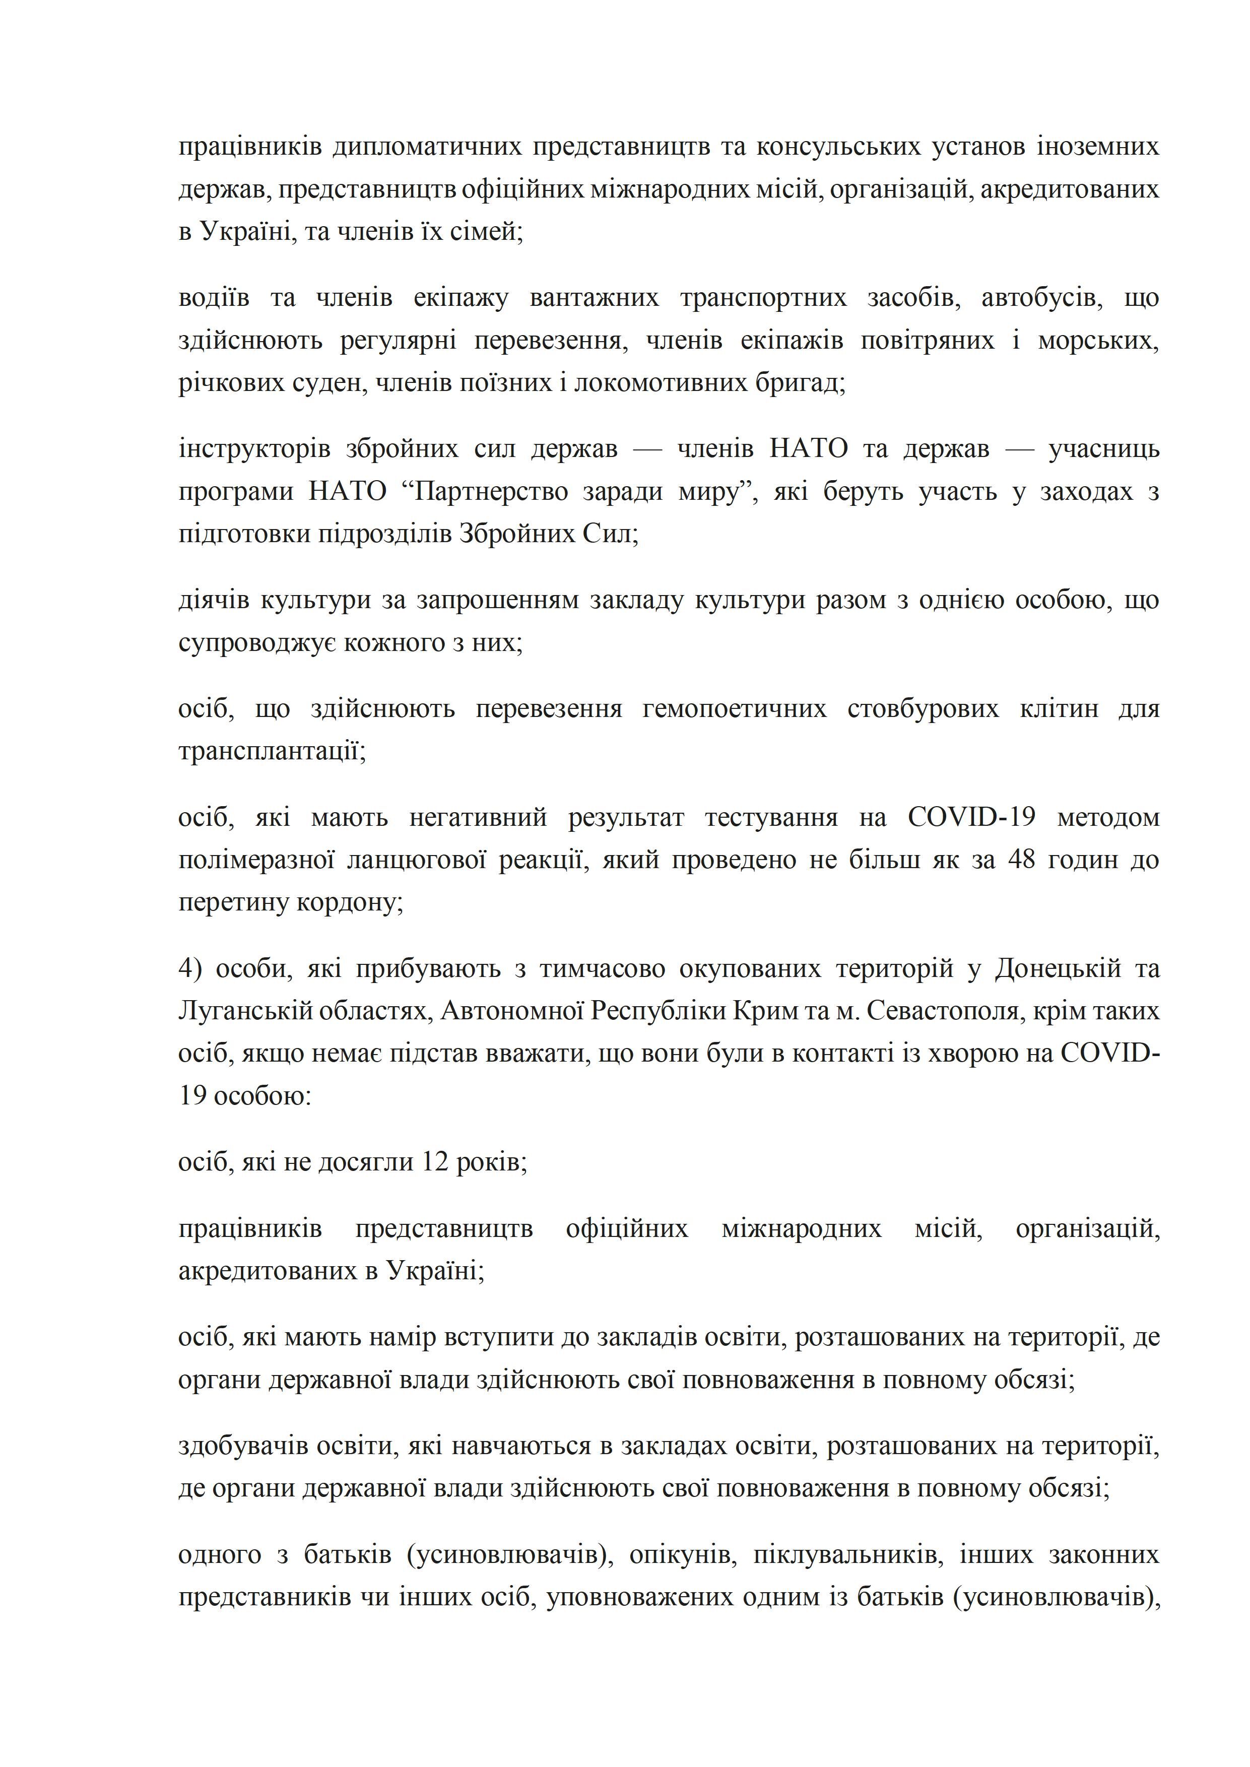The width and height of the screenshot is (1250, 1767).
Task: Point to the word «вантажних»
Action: click(x=594, y=298)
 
